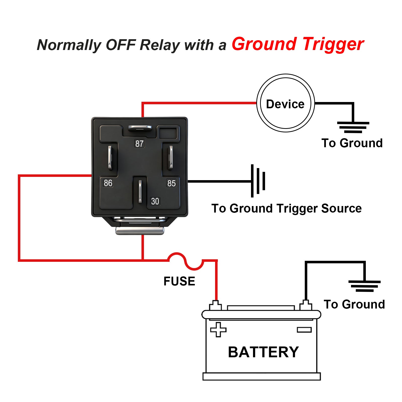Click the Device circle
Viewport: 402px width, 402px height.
pos(285,103)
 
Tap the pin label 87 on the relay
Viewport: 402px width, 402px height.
pos(139,143)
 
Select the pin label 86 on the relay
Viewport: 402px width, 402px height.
pos(108,183)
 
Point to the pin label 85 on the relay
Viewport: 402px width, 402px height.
pos(171,183)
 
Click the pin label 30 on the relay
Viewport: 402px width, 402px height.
pos(155,201)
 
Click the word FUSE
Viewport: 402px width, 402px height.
pos(179,281)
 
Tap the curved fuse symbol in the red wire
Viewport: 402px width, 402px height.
pos(185,261)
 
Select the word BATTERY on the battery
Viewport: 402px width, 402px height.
pos(263,352)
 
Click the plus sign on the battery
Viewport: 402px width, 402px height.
pos(218,329)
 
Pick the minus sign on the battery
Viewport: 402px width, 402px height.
pos(304,330)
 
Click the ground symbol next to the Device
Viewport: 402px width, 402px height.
pos(353,127)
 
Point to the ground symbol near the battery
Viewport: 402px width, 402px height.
pos(364,286)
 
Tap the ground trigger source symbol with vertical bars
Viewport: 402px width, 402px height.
pos(258,181)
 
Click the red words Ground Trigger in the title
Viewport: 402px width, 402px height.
pos(298,44)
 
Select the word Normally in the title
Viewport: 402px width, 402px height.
pos(69,45)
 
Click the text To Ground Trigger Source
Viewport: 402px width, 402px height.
pos(286,209)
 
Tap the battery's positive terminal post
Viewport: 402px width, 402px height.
pos(215,305)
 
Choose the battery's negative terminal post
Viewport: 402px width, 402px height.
pos(306,305)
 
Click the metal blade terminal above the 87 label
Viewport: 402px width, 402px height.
pos(140,128)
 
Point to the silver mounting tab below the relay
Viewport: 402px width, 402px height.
pos(140,230)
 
